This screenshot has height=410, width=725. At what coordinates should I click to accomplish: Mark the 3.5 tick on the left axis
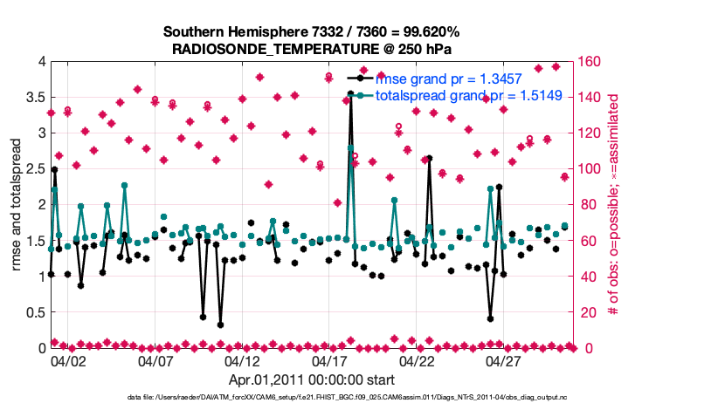(35, 97)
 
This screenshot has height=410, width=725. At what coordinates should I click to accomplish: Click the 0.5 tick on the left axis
(35, 312)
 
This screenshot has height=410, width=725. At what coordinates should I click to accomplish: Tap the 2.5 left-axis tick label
(35, 168)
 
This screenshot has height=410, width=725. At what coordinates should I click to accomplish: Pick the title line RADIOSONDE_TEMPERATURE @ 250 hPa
(311, 49)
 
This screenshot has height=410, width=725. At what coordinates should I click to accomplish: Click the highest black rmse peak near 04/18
(350, 92)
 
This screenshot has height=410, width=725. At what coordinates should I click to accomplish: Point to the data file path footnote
(309, 398)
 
